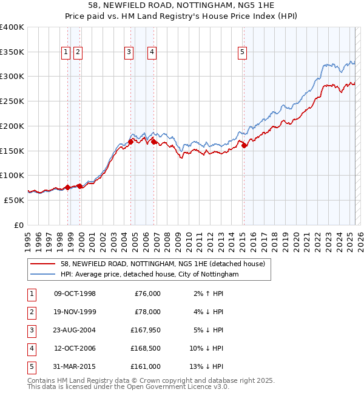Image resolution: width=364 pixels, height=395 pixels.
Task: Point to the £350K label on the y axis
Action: [x=12, y=52]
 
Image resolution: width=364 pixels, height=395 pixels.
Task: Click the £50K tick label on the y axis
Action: [x=15, y=200]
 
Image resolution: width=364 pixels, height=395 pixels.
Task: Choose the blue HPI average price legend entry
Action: [x=149, y=275]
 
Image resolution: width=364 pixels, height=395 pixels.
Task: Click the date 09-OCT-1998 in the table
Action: [x=75, y=294]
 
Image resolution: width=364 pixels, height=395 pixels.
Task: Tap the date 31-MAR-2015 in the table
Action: [x=75, y=366]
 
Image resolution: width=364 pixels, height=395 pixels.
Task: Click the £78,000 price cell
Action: [x=147, y=312]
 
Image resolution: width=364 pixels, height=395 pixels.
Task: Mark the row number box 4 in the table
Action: [x=31, y=348]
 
